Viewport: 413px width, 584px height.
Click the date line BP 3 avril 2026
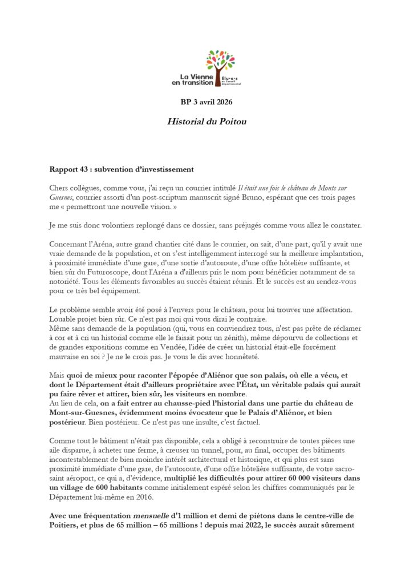point(206,102)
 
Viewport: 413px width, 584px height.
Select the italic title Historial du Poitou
point(206,121)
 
